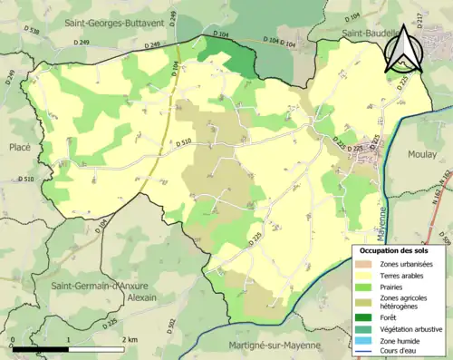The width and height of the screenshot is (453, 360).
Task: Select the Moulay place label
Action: click(x=422, y=154)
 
